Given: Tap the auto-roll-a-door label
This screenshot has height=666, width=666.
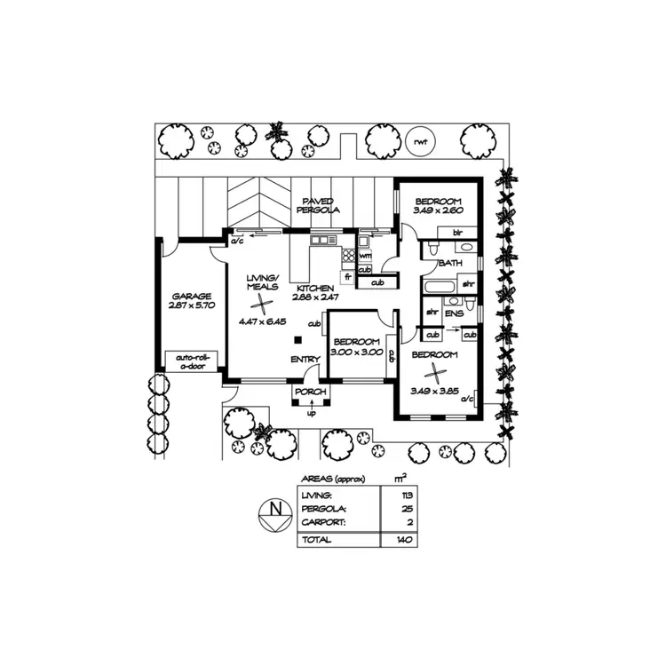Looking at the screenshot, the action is point(191,360).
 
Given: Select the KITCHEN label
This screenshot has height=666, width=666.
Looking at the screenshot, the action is point(314,289).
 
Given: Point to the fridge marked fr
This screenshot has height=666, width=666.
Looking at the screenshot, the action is point(348,277).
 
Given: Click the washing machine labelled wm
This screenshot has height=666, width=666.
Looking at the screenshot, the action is point(364,256).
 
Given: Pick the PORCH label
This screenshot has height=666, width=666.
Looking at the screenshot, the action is point(311,392).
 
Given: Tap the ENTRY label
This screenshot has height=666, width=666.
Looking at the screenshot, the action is point(305,359).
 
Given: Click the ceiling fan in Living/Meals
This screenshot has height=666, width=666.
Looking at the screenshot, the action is point(263,305).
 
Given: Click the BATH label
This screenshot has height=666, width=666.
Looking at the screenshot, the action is point(450,264).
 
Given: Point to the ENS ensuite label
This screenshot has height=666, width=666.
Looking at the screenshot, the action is point(454,313).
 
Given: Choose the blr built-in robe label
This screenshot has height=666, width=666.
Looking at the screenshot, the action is point(458,233).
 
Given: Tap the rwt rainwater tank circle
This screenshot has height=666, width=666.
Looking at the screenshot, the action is point(416,141).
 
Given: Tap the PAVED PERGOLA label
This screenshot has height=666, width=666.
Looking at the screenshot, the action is point(320,206).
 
